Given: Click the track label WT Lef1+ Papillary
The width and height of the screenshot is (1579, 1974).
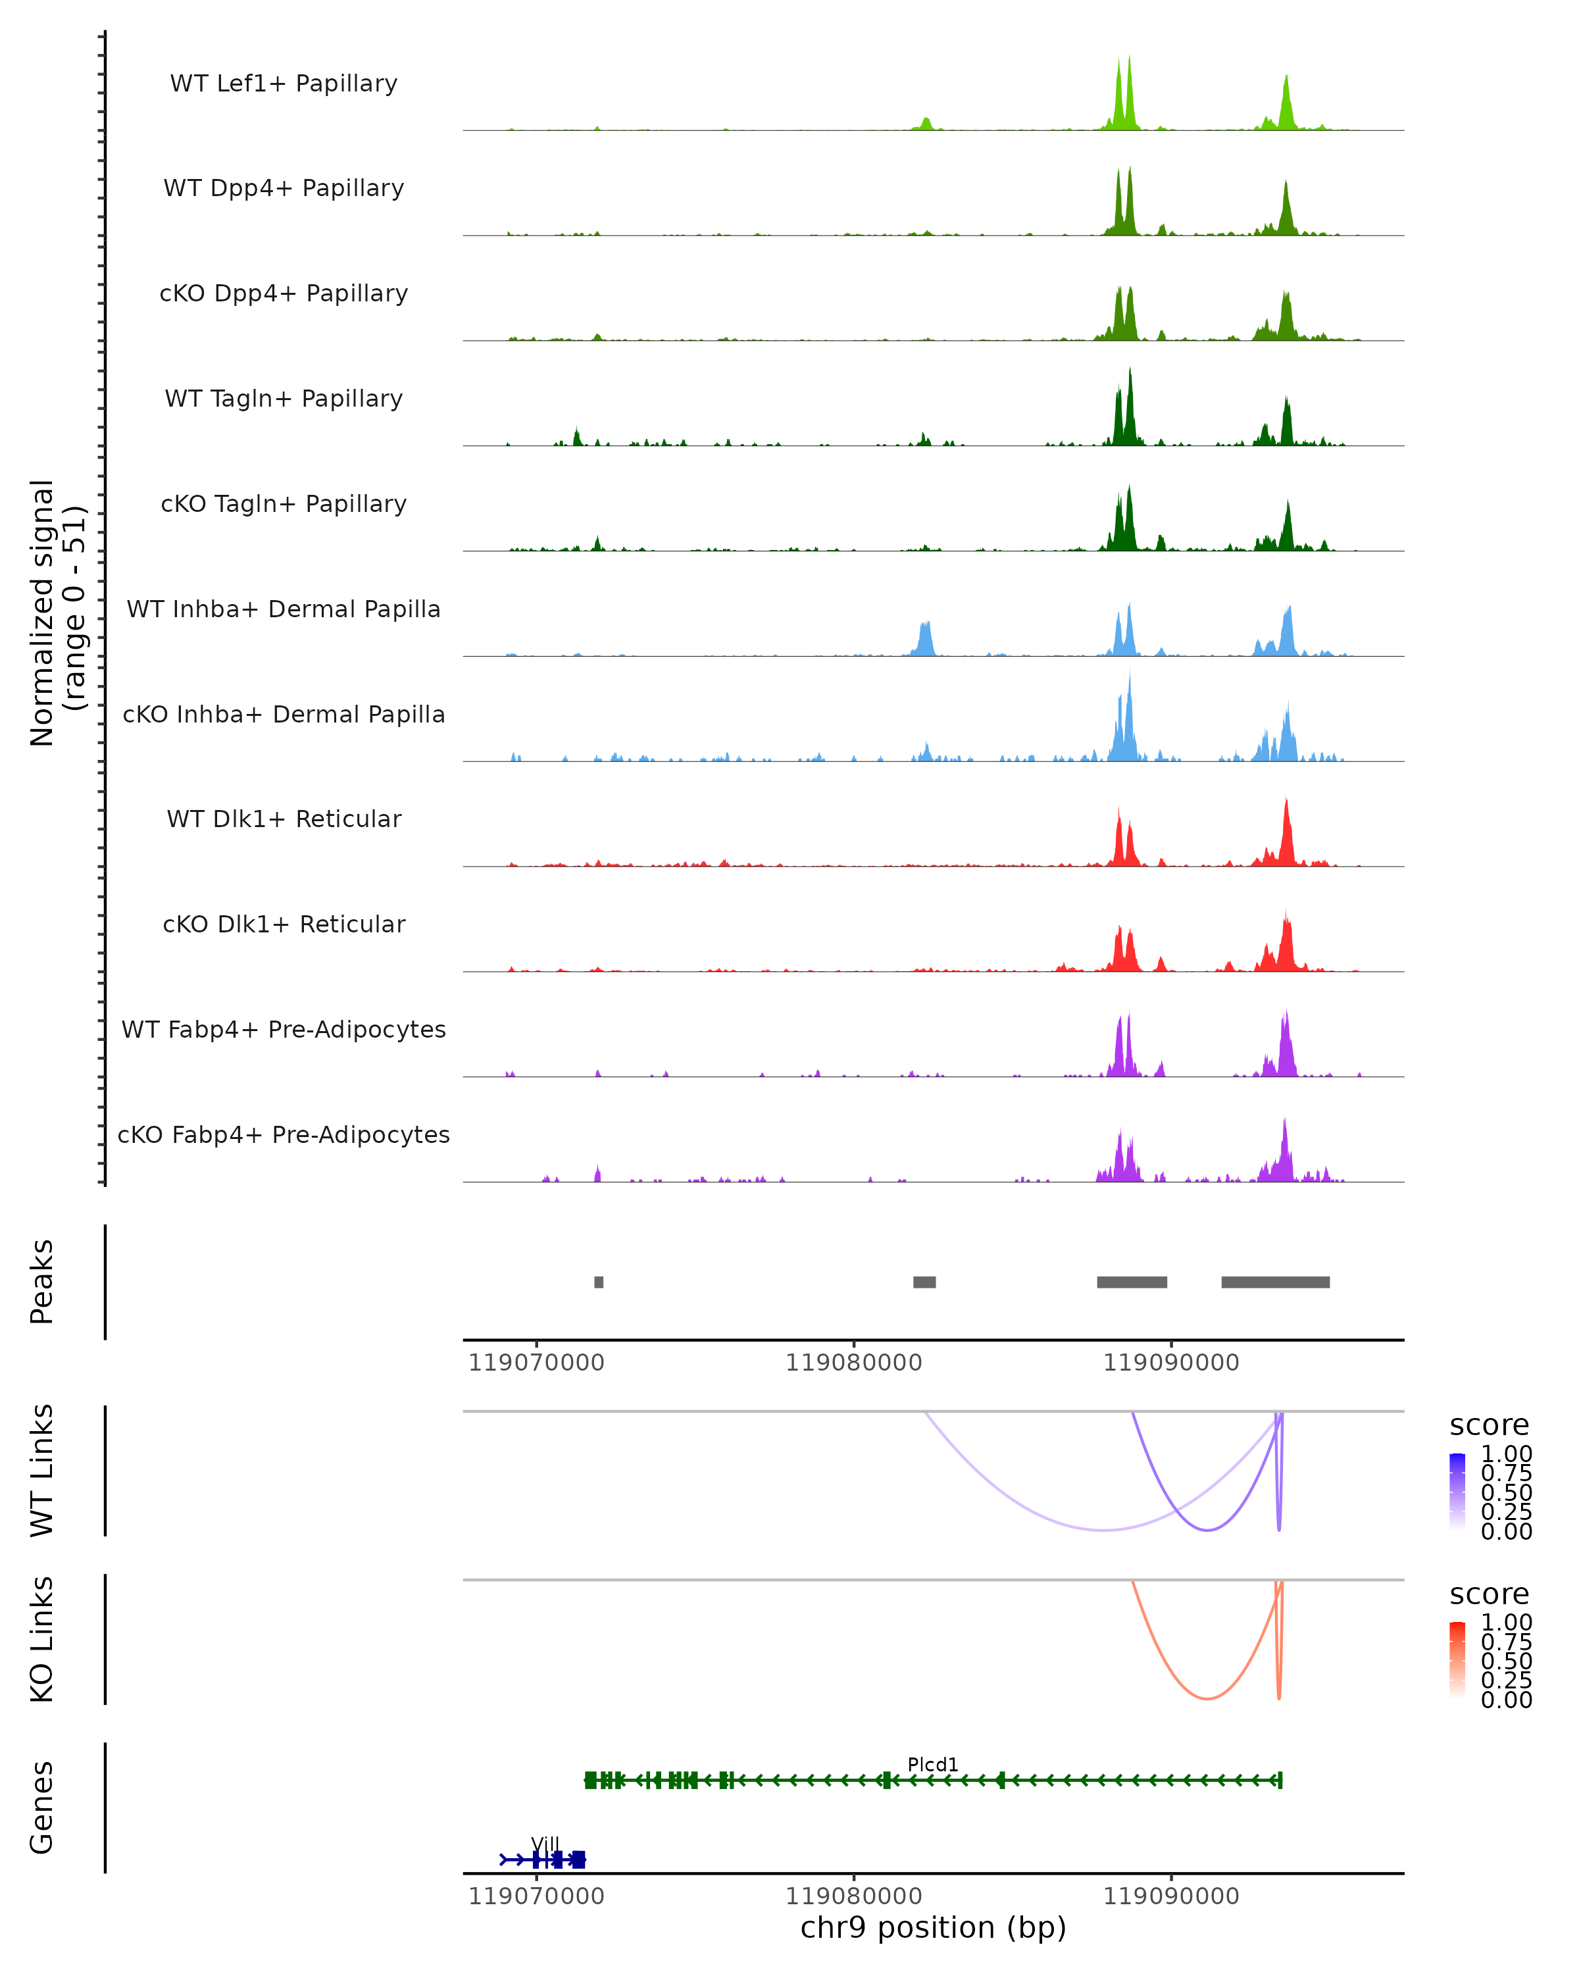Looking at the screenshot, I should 284,84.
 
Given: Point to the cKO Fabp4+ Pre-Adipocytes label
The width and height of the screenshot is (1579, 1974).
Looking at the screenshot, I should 284,1134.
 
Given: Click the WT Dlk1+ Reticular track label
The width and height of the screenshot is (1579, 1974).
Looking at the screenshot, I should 284,819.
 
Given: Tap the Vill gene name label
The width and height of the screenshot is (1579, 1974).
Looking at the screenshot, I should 545,1844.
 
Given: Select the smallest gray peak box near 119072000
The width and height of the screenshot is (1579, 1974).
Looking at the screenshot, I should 599,1282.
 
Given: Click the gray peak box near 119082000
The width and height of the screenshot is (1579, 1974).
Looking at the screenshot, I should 924,1282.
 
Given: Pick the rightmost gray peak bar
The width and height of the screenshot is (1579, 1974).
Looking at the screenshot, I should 1275,1282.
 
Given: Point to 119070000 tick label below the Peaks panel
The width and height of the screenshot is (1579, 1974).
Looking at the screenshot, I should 536,1363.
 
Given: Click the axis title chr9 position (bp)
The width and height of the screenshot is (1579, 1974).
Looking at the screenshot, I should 933,1927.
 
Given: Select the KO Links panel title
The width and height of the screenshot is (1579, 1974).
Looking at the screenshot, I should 42,1639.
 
